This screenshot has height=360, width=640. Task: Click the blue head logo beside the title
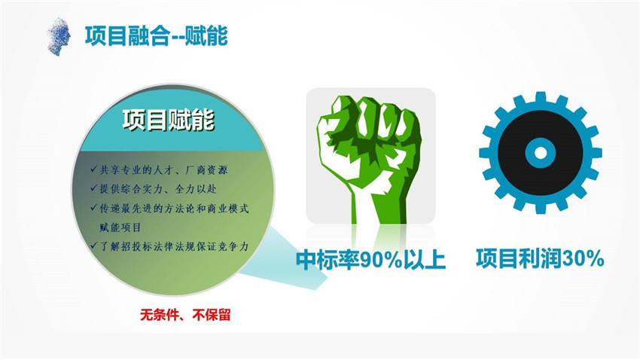[59, 37]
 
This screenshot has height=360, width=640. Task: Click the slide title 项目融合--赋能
[156, 36]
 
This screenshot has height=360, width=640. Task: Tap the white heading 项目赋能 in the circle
[169, 121]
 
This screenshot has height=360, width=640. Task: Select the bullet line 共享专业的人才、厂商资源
[163, 169]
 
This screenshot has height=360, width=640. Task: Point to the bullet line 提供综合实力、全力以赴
[158, 188]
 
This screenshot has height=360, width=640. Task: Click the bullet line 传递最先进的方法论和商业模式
[174, 208]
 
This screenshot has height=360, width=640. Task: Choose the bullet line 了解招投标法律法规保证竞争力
[174, 246]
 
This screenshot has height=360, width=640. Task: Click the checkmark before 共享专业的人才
[94, 169]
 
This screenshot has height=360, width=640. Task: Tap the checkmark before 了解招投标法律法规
[94, 246]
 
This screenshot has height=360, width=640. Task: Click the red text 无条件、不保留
[185, 315]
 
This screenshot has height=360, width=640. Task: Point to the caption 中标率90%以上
[370, 260]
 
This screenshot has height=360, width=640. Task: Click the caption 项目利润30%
[540, 258]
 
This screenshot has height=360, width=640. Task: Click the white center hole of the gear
[540, 153]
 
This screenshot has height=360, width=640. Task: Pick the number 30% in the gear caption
[583, 258]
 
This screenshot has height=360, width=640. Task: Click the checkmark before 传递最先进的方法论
[94, 207]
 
